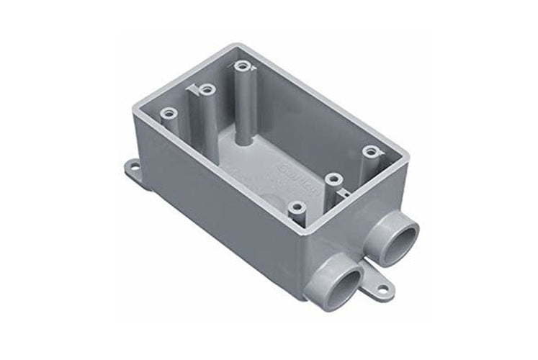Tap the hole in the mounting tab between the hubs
(382, 289)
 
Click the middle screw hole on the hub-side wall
(332, 178)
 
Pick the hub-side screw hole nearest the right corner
(370, 151)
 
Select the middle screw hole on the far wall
(207, 90)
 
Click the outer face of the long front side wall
(216, 209)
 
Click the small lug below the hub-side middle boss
(344, 193)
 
